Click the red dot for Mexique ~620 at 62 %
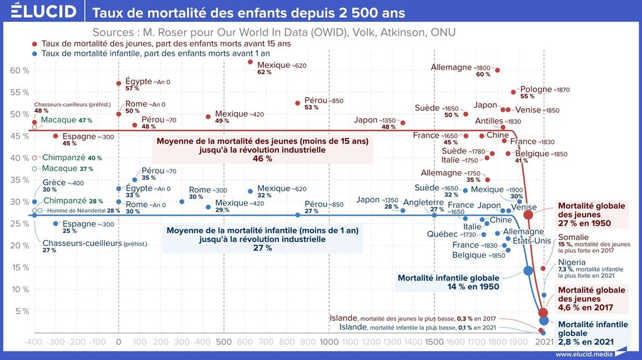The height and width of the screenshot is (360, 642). click(250, 61)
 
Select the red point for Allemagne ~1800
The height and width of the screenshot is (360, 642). click(497, 70)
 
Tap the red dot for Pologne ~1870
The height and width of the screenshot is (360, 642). click(513, 92)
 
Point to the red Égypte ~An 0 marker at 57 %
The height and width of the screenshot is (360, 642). click(118, 83)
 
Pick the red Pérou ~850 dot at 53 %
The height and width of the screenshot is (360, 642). click(297, 103)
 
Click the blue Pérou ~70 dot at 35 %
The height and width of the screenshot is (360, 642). click(134, 180)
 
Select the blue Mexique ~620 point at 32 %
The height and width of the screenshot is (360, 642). click(250, 191)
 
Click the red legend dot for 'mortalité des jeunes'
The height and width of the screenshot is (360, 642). click(34, 44)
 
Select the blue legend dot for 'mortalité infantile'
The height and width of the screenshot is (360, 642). click(34, 54)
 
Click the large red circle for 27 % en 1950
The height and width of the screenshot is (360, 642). click(529, 214)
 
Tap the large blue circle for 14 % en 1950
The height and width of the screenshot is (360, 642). click(528, 271)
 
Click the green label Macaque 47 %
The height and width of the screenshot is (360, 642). click(66, 120)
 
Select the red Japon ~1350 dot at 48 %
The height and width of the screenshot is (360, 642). click(403, 123)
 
